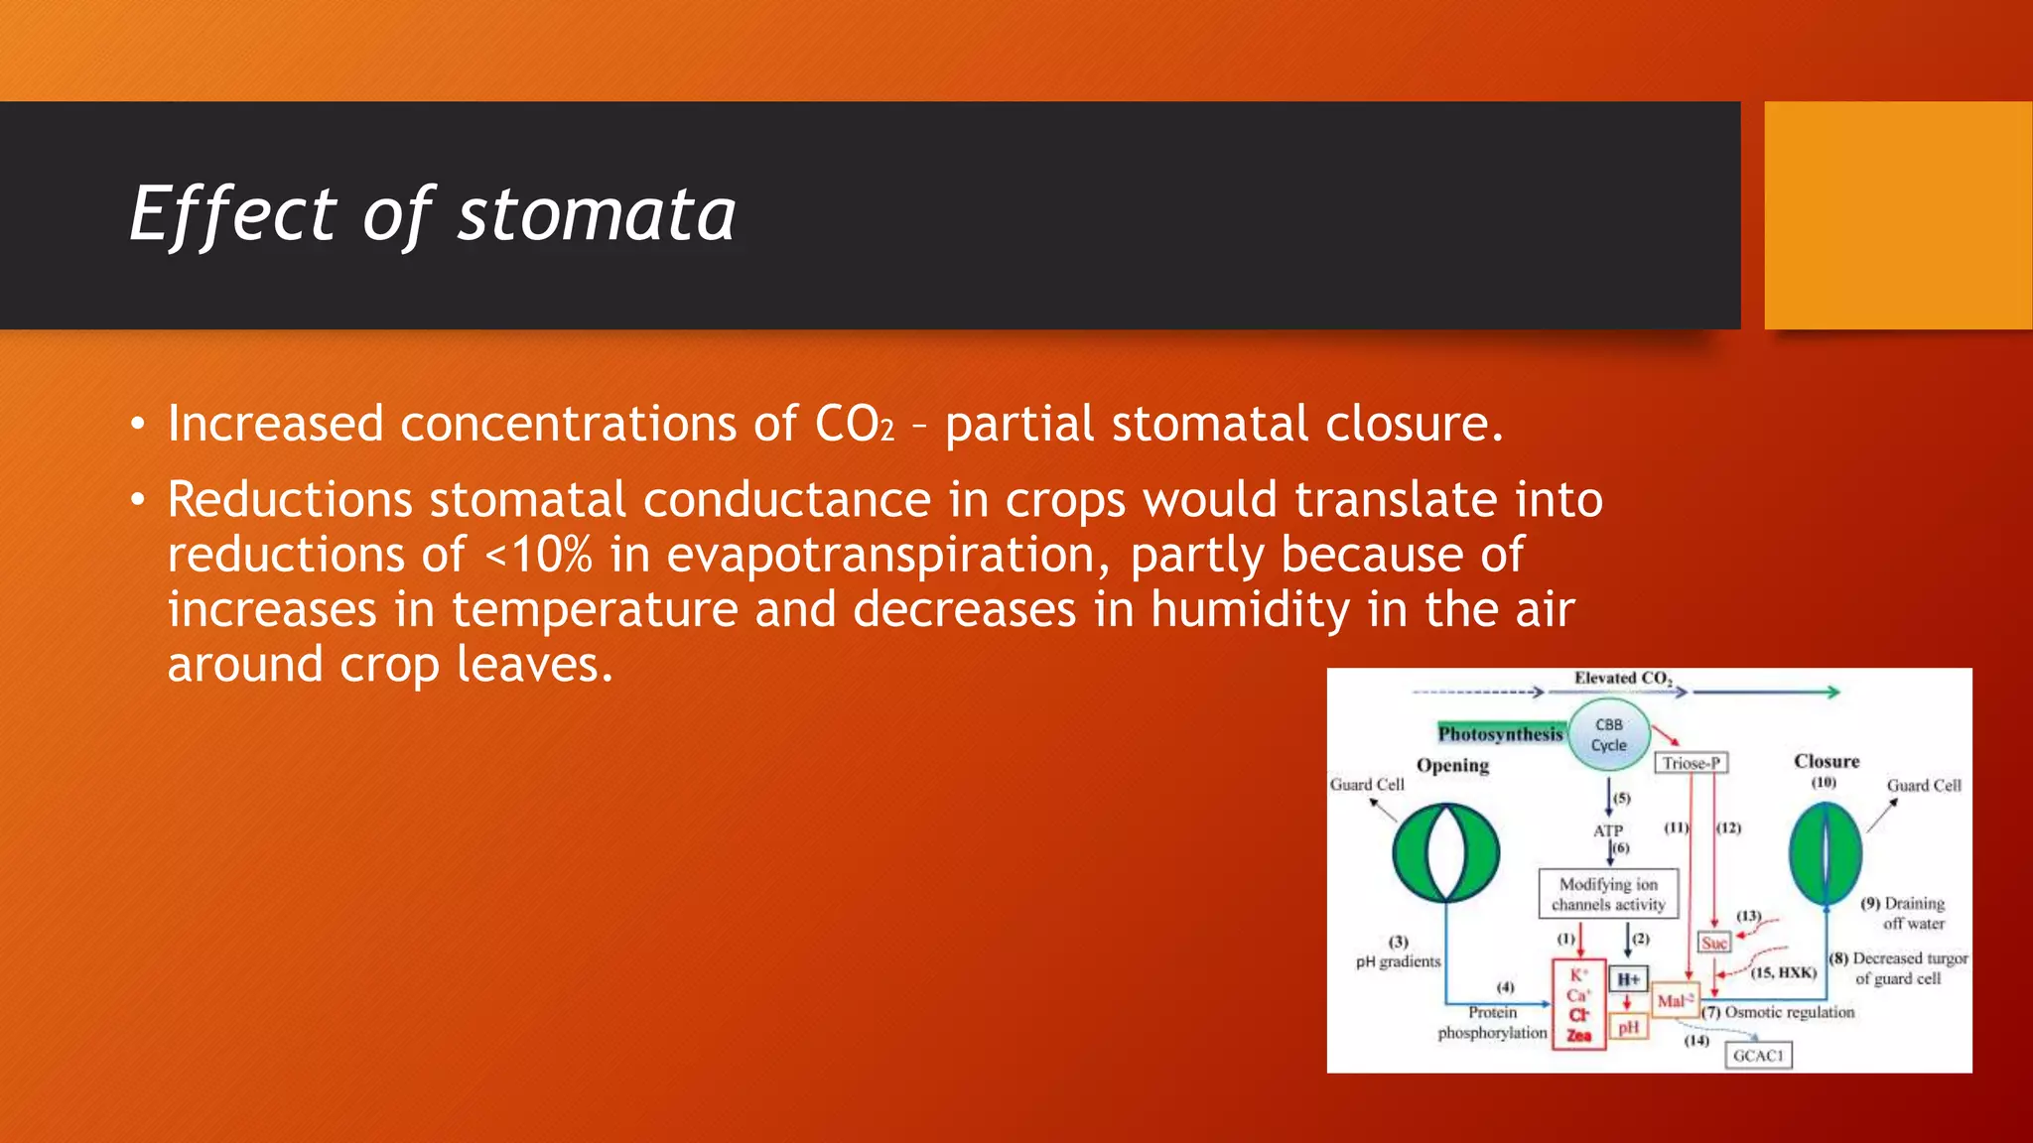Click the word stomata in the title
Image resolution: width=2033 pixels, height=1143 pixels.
pos(596,215)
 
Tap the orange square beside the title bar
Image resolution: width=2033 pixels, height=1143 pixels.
pos(1897,215)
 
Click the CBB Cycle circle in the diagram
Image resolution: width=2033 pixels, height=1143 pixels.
pos(1609,735)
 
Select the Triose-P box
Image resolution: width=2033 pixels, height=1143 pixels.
pos(1691,763)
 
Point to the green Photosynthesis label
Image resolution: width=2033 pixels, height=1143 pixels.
pos(1500,733)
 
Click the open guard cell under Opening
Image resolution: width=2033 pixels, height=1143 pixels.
pos(1445,852)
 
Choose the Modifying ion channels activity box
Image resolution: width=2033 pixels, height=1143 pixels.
pos(1608,894)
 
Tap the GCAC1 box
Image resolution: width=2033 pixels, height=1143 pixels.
pos(1758,1056)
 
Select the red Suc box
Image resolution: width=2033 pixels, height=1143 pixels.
pos(1714,943)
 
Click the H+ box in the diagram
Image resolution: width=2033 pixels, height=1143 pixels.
pos(1628,979)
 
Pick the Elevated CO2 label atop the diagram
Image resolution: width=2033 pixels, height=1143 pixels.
pos(1622,679)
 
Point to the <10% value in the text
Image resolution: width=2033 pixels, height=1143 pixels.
pos(538,555)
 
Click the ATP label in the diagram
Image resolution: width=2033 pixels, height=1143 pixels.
pos(1607,830)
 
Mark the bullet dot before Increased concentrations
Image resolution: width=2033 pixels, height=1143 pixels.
pos(138,426)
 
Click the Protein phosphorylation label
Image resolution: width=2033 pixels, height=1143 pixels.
pos(1492,1023)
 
